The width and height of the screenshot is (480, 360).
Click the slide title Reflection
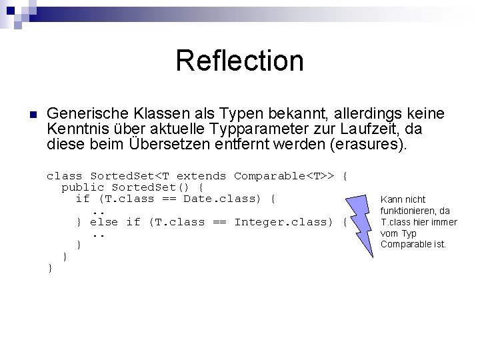239,61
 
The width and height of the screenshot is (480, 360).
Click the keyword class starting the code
64,176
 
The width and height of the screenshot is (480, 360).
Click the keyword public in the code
83,187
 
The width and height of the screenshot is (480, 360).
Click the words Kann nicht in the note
402,199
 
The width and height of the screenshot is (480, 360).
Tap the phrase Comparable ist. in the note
413,244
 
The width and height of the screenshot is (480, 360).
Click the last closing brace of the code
50,267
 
